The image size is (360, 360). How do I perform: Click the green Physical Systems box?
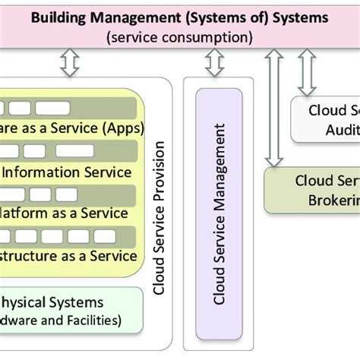click(x=68, y=310)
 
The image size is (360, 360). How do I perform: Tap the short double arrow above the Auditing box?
click(x=308, y=72)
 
